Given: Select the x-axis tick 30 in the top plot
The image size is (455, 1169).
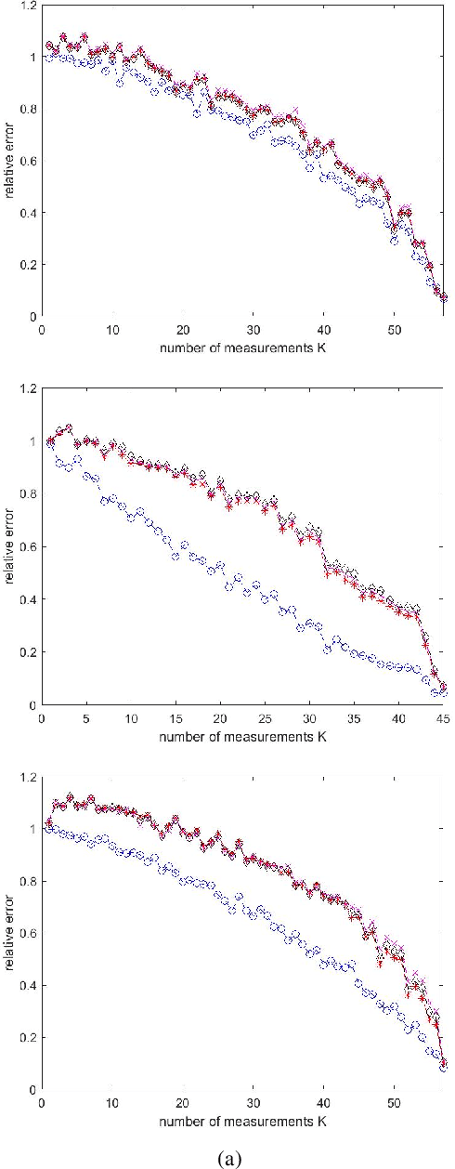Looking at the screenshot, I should [x=253, y=329].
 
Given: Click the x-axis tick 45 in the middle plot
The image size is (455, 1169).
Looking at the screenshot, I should [x=442, y=718].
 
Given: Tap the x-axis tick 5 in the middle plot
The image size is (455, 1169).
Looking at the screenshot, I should [x=85, y=718].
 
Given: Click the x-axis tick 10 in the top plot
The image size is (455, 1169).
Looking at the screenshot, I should [x=112, y=329].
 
